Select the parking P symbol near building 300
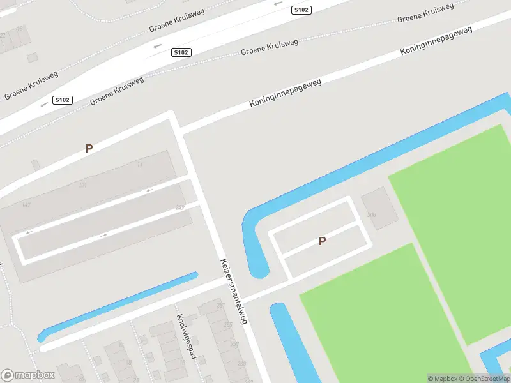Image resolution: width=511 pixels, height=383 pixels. pos(323,241)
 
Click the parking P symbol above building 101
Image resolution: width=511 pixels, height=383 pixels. pos(89,148)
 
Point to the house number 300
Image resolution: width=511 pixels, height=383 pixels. pos(372,215)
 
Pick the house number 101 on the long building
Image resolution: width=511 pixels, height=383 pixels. pos(82,186)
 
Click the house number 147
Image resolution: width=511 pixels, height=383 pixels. pos(26,204)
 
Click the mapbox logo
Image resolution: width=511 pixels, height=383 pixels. pos(28,375)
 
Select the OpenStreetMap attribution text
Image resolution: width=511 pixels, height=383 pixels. pos(485,379)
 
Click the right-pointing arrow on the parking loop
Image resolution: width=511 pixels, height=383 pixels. pos(104,235)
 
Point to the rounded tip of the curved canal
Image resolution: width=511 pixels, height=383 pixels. pos(259,272)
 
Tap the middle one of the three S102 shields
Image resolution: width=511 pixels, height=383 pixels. pos(181,53)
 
